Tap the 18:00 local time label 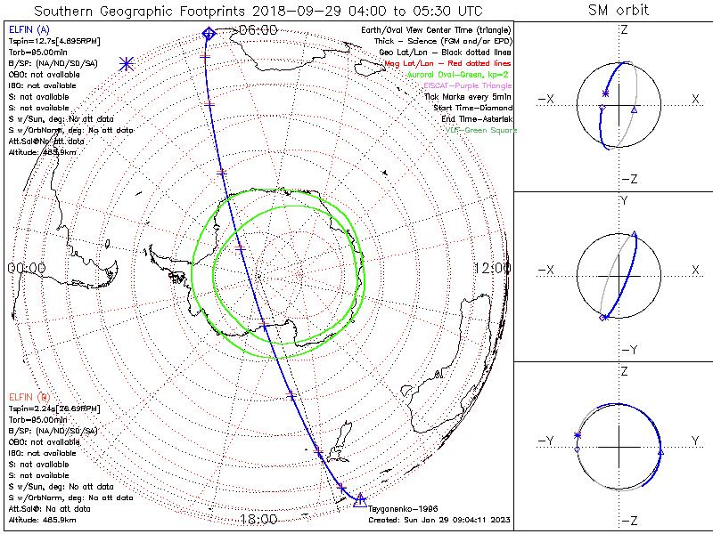[259, 519]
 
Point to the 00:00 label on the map [26, 268]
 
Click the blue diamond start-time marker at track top [209, 33]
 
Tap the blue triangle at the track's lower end [360, 498]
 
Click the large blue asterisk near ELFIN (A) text [127, 63]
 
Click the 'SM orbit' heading [619, 11]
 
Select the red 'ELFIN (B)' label [31, 396]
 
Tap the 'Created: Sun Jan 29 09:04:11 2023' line [438, 520]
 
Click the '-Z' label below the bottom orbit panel [629, 520]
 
